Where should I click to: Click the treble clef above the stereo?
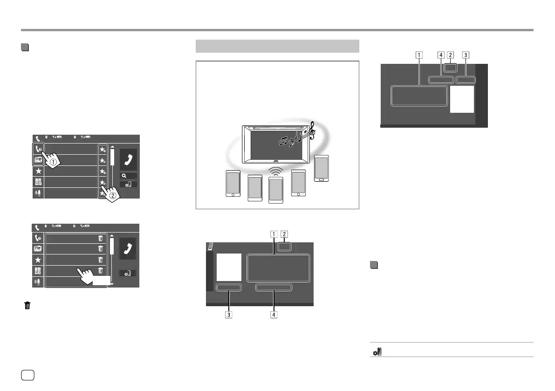(x=311, y=130)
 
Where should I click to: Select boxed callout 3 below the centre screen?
(x=228, y=314)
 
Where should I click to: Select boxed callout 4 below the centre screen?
(x=274, y=314)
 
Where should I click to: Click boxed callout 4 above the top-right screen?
(x=440, y=55)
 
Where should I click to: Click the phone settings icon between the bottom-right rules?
(x=377, y=352)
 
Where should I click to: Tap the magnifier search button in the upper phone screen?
(x=128, y=176)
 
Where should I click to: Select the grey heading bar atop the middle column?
(x=277, y=46)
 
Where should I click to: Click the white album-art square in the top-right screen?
(x=462, y=99)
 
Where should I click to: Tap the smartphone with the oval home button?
(x=322, y=169)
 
